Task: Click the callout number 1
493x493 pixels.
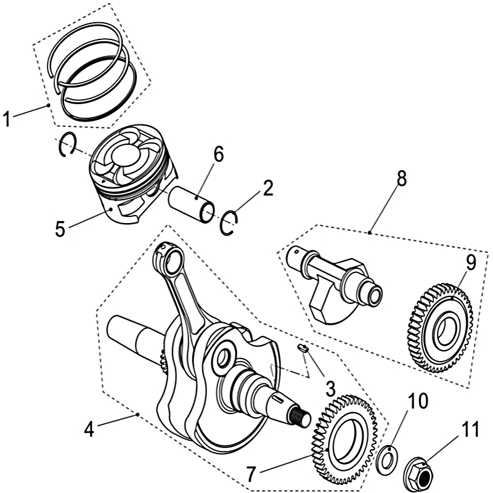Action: pos(7,119)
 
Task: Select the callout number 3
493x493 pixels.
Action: pos(330,389)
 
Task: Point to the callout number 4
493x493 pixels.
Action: pos(89,428)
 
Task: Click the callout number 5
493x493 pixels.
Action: pos(60,229)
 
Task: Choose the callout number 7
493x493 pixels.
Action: pos(250,474)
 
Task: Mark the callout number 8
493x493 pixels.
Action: pos(401,179)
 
